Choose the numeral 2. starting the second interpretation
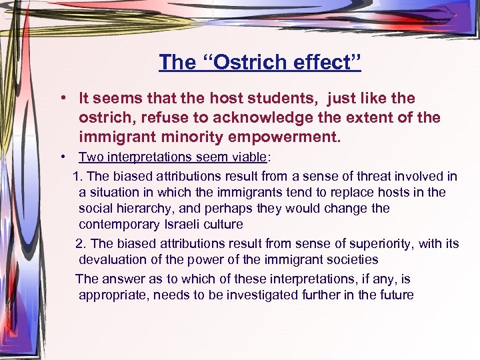click(x=81, y=243)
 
